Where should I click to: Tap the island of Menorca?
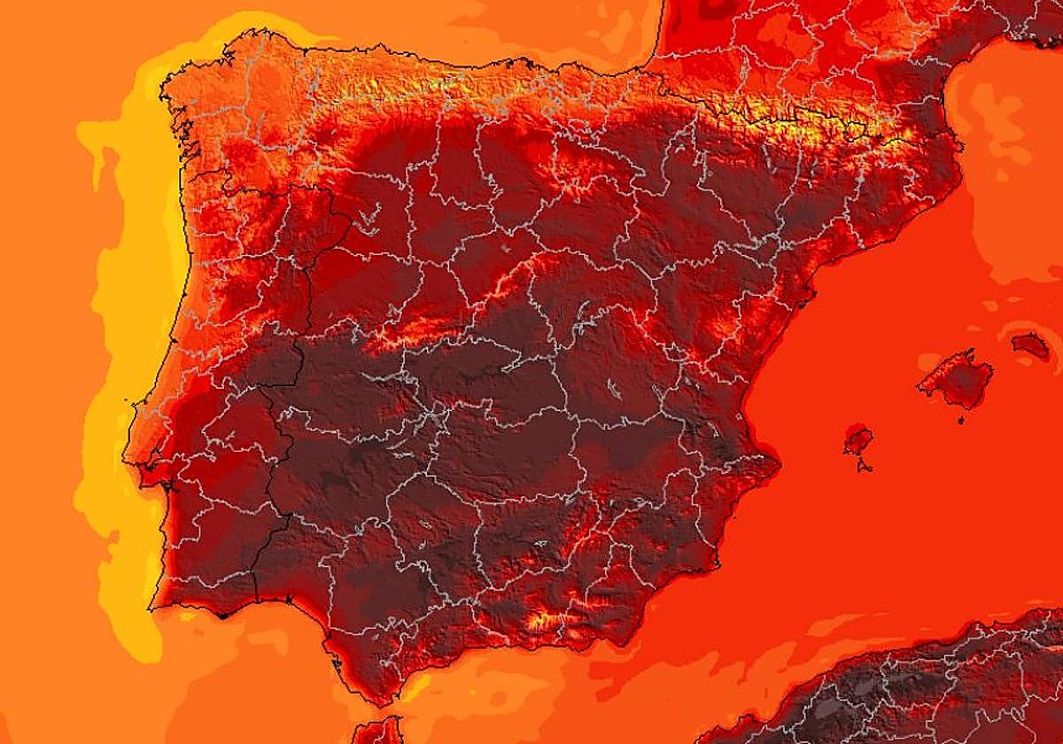(x=1030, y=345)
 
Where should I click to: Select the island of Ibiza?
(x=857, y=439)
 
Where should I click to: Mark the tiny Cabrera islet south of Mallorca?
(x=961, y=419)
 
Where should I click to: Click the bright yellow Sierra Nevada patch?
(x=542, y=620)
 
